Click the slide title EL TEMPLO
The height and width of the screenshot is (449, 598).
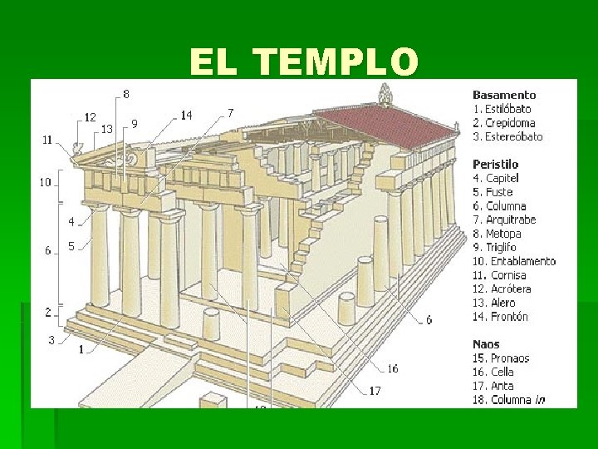pos(304,62)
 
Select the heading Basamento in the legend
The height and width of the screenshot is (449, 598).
pos(504,95)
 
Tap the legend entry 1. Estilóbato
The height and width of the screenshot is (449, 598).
pos(502,108)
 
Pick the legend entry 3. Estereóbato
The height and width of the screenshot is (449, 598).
pos(507,136)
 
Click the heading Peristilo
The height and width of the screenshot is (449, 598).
pos(497,165)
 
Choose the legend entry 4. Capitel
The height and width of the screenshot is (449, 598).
pos(496,178)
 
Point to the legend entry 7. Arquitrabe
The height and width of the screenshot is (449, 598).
pos(504,220)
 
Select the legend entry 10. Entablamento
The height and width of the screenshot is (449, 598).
pos(513,261)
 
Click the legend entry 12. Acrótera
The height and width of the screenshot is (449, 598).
pos(502,289)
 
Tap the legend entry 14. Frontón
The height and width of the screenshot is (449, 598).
pos(500,317)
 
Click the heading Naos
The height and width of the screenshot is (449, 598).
pos(488,344)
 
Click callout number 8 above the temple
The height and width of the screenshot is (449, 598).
pos(126,94)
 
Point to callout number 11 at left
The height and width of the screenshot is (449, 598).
pos(48,140)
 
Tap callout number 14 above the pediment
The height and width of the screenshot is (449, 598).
pos(186,115)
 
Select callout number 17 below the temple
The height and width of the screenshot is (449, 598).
pos(375,390)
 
